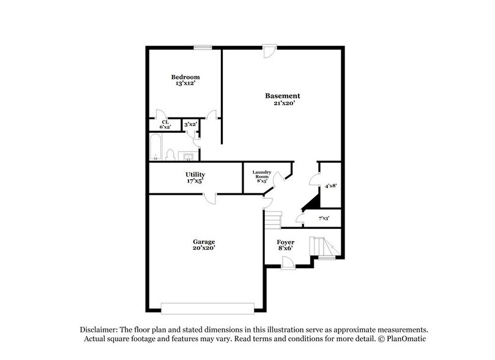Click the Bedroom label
(185, 77)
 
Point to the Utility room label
(195, 174)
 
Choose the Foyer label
(286, 242)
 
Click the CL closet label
(165, 122)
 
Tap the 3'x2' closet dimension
(190, 124)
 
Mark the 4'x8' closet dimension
(331, 186)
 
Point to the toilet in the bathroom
(172, 153)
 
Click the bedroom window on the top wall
(203, 47)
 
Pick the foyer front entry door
(286, 262)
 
